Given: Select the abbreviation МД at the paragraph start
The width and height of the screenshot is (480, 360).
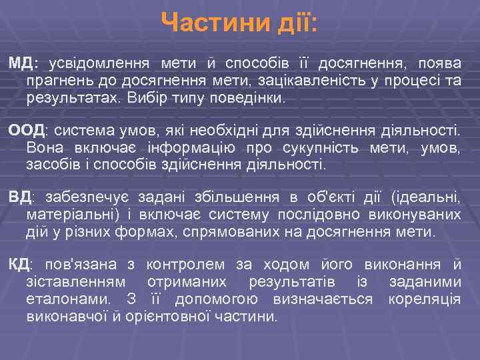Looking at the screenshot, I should pyautogui.click(x=23, y=63).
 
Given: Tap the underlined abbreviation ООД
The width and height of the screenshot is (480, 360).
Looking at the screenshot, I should pyautogui.click(x=26, y=129).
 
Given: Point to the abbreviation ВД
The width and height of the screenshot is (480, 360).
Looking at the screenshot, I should pyautogui.click(x=21, y=197).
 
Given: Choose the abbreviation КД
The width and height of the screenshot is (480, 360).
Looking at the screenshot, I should pyautogui.click(x=20, y=265).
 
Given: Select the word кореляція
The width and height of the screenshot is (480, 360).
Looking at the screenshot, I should pyautogui.click(x=424, y=299).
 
